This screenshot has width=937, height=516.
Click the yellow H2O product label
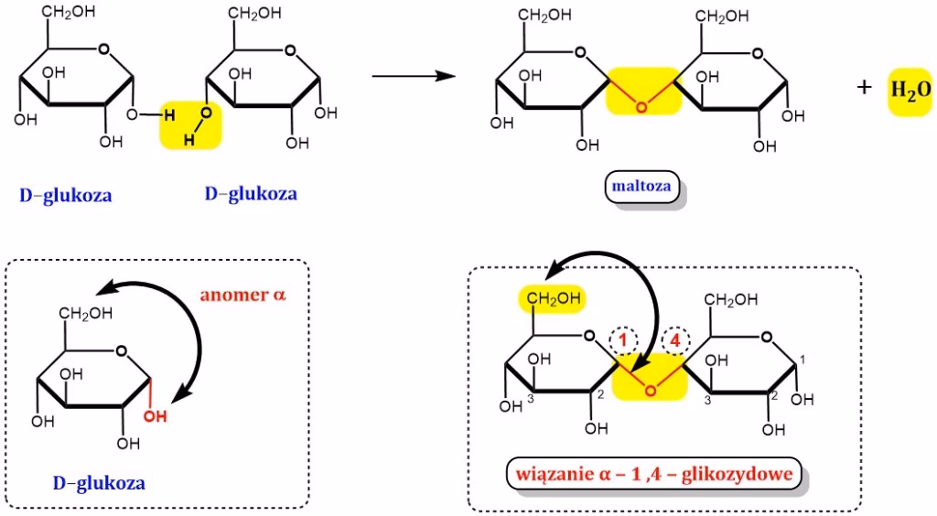coord(910,90)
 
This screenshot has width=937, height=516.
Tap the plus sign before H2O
coord(864,87)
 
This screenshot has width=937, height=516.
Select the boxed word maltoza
coord(641,188)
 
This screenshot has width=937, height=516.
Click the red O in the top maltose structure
coord(641,108)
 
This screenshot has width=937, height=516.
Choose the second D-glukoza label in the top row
coord(251,194)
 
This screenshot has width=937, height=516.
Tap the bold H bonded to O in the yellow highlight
coord(168,115)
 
